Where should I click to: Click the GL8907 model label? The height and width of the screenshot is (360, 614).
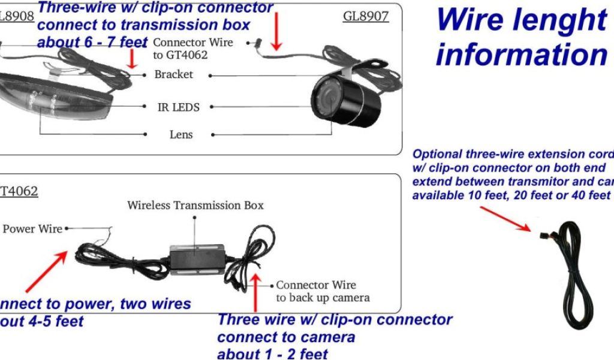tap(366, 16)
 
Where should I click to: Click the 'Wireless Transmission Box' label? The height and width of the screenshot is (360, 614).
tap(195, 205)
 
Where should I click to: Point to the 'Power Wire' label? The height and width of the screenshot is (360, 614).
tap(32, 229)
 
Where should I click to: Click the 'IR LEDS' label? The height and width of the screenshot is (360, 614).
tap(178, 107)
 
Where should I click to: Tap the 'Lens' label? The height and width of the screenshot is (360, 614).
tap(181, 134)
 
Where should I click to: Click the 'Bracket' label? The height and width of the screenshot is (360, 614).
tap(174, 74)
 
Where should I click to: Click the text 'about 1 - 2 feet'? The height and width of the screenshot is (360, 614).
tap(272, 353)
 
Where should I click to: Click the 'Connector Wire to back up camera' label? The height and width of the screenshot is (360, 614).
tap(322, 291)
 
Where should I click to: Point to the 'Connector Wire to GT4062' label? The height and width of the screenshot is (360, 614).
tap(192, 49)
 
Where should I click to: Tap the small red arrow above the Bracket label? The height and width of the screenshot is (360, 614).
tap(133, 59)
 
